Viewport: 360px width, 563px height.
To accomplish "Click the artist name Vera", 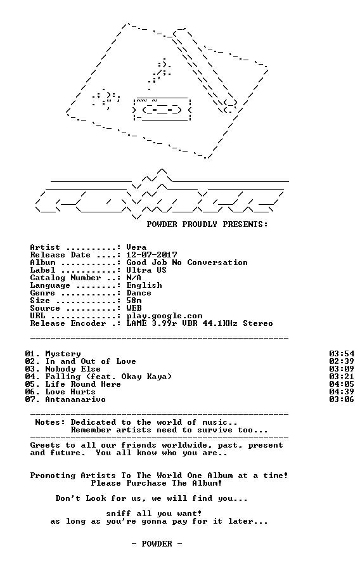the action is click(x=136, y=247).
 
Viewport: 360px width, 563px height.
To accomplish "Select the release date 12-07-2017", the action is click(x=151, y=255).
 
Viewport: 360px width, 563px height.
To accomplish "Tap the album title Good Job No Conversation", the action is click(x=187, y=262).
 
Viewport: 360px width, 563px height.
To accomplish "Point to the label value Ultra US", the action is click(x=146, y=270).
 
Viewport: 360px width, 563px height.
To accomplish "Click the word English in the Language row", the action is click(x=144, y=285).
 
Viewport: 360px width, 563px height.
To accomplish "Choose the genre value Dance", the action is click(x=139, y=293).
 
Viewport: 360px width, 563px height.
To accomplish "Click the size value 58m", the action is click(x=134, y=301).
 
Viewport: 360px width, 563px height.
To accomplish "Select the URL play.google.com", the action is click(x=164, y=316).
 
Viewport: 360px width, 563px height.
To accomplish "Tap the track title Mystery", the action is click(x=63, y=354).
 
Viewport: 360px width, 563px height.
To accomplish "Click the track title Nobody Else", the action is click(x=73, y=369).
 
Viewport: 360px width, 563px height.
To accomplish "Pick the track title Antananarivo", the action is click(x=75, y=399).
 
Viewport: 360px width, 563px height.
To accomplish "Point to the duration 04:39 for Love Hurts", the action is click(x=342, y=392).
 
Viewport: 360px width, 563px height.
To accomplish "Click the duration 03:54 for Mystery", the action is click(x=342, y=354).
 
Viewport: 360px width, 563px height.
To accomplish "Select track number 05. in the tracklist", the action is click(x=33, y=384).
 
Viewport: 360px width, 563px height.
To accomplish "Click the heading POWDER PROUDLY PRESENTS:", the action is click(x=207, y=224).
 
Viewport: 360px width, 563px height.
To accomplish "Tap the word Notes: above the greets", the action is click(x=50, y=422).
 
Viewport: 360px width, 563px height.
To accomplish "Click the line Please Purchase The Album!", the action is click(x=157, y=483).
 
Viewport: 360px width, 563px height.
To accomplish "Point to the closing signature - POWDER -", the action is click(x=157, y=543).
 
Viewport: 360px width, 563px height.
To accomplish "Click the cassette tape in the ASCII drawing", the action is click(x=162, y=110).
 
